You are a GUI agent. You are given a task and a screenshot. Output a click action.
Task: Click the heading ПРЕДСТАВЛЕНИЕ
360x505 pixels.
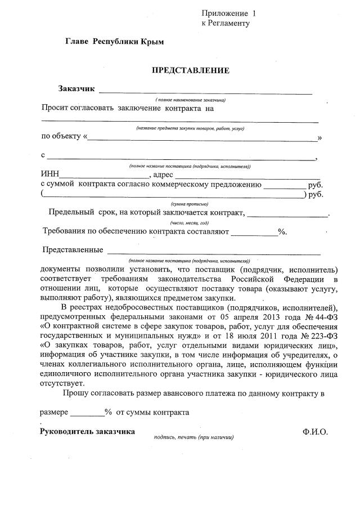(191, 70)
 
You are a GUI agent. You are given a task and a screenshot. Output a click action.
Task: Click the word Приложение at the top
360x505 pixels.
(224, 13)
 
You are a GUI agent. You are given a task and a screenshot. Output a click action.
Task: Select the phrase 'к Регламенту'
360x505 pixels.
(225, 24)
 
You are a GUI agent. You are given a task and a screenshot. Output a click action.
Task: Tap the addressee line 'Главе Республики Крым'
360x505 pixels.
(115, 42)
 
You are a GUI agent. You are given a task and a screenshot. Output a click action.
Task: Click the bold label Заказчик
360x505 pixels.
(76, 89)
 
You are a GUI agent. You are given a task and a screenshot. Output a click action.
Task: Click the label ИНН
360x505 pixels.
(49, 175)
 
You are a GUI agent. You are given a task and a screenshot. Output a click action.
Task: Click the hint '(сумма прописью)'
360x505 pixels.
(190, 203)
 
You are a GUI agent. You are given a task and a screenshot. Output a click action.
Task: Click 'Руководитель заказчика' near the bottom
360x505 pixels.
(87, 432)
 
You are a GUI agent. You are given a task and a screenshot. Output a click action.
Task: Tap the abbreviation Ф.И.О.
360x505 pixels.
(314, 432)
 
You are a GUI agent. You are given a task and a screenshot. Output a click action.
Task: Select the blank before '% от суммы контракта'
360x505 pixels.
(87, 413)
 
